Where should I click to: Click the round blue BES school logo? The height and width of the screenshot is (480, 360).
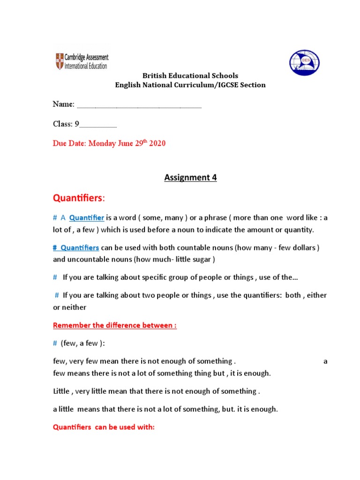pyautogui.click(x=304, y=64)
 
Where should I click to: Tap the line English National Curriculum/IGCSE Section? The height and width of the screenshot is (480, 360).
pyautogui.click(x=190, y=85)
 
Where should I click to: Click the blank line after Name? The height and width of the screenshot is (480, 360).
pyautogui.click(x=139, y=105)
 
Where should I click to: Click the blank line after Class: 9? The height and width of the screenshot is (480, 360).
pyautogui.click(x=98, y=125)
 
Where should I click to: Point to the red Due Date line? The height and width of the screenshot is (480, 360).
pyautogui.click(x=109, y=143)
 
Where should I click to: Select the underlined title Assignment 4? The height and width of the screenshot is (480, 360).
pyautogui.click(x=190, y=177)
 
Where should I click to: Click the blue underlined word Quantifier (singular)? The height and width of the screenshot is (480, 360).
pyautogui.click(x=87, y=217)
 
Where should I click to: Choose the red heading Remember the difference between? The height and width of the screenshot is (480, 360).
pyautogui.click(x=115, y=325)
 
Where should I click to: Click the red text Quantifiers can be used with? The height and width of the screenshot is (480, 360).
pyautogui.click(x=104, y=427)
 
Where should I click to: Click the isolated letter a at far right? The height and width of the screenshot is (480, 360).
pyautogui.click(x=326, y=361)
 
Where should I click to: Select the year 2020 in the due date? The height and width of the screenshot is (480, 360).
pyautogui.click(x=157, y=143)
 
